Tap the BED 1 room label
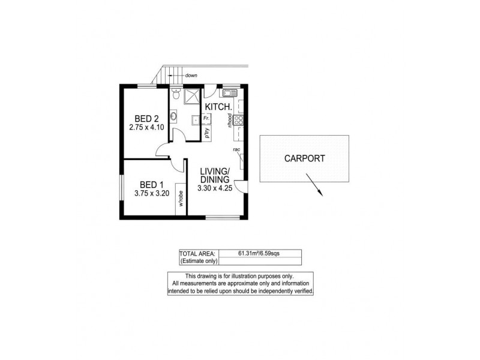click(151, 184)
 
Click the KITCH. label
click(218, 107)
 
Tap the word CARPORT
click(304, 159)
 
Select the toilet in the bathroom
click(175, 95)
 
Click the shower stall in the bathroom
click(192, 97)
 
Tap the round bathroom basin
click(173, 118)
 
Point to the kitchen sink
click(229, 94)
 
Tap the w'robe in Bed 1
click(179, 199)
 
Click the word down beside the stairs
click(191, 76)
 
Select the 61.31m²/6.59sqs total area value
click(259, 253)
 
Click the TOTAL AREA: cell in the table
click(199, 253)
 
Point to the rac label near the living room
click(237, 149)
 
